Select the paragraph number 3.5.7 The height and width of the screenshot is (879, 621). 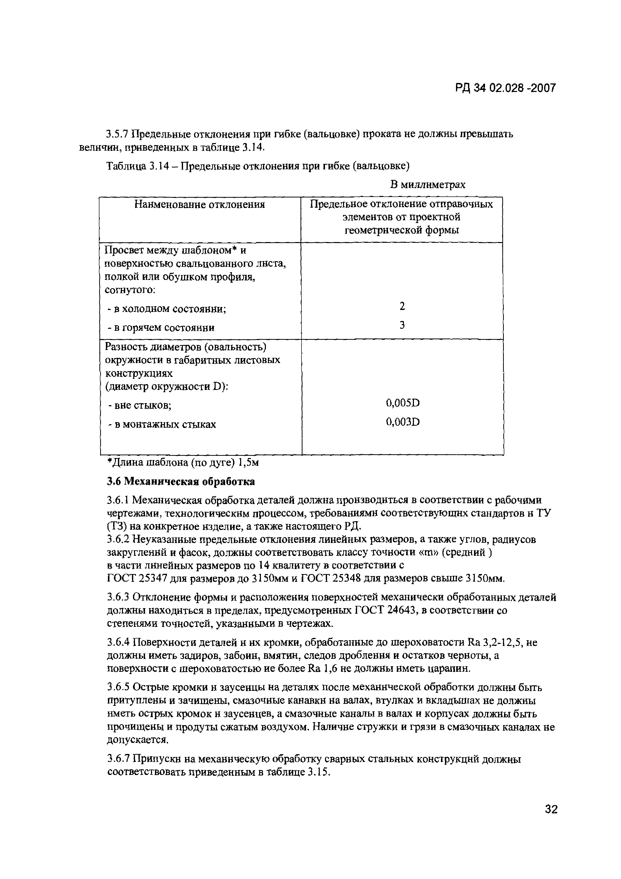(x=118, y=134)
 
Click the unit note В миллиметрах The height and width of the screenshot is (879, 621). (x=427, y=185)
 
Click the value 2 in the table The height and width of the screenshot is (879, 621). (x=402, y=306)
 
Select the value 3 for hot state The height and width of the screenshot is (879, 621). (x=402, y=325)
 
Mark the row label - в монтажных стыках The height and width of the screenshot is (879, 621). (x=162, y=424)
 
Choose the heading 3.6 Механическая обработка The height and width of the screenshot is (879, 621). (x=181, y=481)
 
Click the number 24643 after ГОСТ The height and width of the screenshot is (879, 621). (x=401, y=610)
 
